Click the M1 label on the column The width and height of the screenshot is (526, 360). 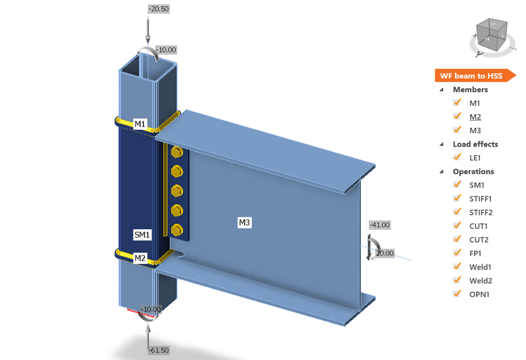click(x=140, y=124)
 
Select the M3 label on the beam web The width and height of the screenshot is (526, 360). click(x=244, y=223)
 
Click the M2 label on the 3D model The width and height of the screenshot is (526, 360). click(x=140, y=258)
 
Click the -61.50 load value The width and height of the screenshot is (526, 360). click(x=158, y=351)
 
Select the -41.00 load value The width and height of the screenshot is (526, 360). click(x=380, y=225)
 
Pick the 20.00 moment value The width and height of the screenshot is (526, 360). click(x=385, y=253)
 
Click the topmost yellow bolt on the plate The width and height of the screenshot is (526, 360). click(x=176, y=153)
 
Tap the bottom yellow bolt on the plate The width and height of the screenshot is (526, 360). click(x=176, y=229)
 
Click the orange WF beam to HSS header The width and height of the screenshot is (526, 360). click(x=471, y=76)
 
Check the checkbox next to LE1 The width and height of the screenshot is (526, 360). click(x=457, y=158)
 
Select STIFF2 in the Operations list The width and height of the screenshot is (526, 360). click(x=481, y=212)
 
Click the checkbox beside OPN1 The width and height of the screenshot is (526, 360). click(x=457, y=294)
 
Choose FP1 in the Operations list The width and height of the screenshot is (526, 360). click(x=476, y=254)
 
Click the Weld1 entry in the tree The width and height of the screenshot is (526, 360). click(x=481, y=267)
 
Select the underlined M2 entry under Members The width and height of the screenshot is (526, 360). click(x=475, y=117)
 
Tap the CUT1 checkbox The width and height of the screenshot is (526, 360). click(x=457, y=226)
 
